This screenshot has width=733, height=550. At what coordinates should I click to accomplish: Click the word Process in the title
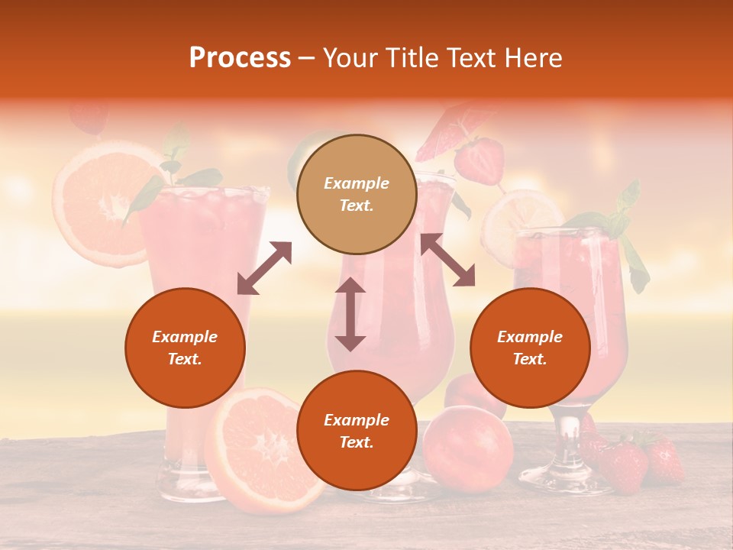tap(240, 58)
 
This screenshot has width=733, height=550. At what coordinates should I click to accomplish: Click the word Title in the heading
tap(411, 58)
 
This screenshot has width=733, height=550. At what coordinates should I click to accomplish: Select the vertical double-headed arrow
tap(350, 314)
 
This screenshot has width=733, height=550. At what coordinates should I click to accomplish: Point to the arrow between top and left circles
tap(264, 268)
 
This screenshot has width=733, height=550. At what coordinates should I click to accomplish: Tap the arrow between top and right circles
tap(447, 260)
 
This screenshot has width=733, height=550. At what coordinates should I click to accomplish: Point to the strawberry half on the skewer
tap(479, 158)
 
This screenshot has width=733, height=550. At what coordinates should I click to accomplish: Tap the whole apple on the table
tap(467, 448)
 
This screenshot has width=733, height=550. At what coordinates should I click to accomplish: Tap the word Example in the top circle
tap(357, 183)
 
